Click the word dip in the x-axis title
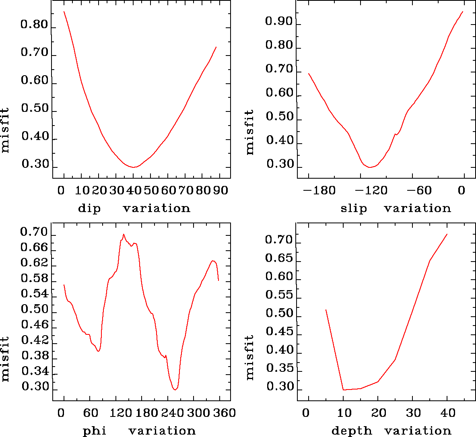[x=89, y=208]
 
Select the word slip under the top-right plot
[x=354, y=208]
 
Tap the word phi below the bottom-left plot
[x=95, y=431]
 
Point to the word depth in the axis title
[x=352, y=431]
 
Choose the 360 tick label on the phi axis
[x=226, y=413]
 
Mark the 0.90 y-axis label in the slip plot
[x=278, y=21]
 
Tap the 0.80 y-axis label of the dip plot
[x=34, y=25]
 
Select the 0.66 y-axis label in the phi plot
[x=34, y=247]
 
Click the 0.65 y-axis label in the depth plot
[x=278, y=258]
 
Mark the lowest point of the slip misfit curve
[x=370, y=167]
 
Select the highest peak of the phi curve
[x=124, y=234]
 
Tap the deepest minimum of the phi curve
[x=175, y=390]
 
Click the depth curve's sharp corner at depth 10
[x=343, y=390]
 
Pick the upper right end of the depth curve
[x=447, y=234]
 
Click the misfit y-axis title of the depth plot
[x=250, y=357]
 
